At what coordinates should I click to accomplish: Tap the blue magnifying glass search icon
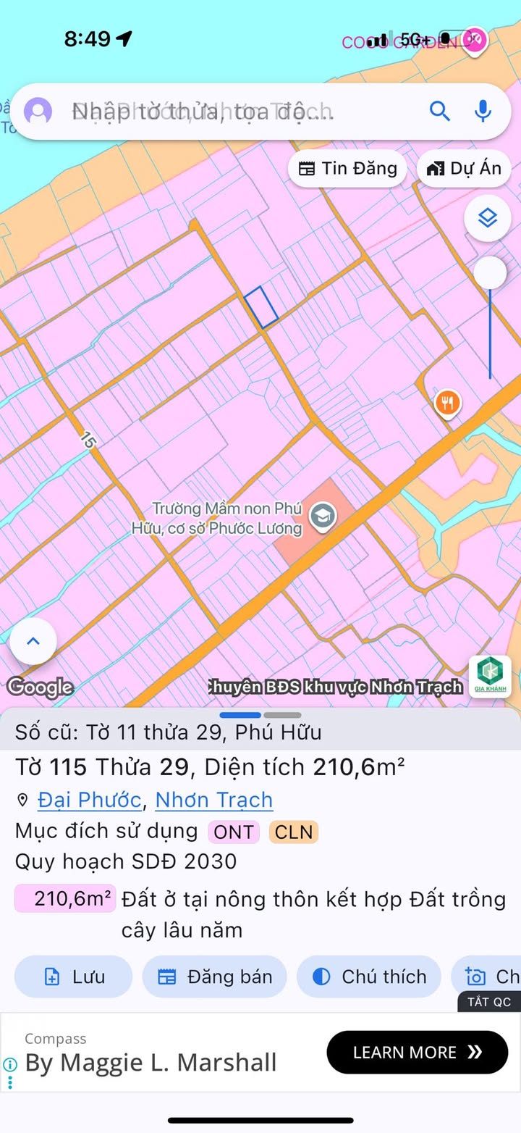[x=440, y=112]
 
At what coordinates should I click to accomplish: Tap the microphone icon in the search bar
[x=483, y=112]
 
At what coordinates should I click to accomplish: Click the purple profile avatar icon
[x=38, y=112]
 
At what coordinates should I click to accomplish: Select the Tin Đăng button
[x=348, y=169]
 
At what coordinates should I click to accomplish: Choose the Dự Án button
[x=464, y=169]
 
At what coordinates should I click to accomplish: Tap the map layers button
[x=488, y=217]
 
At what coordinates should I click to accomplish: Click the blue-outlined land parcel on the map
[x=261, y=307]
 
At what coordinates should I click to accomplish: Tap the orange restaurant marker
[x=448, y=401]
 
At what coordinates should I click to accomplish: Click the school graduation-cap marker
[x=322, y=517]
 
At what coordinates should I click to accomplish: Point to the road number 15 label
[x=88, y=440]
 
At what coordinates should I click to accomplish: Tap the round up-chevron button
[x=33, y=641]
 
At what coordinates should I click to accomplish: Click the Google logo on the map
[x=41, y=686]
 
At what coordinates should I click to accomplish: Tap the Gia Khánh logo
[x=490, y=677]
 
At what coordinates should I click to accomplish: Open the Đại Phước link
[x=89, y=800]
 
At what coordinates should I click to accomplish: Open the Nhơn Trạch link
[x=214, y=800]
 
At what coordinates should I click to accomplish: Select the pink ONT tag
[x=234, y=832]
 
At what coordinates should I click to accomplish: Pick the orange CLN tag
[x=294, y=832]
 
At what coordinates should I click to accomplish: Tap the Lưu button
[x=74, y=977]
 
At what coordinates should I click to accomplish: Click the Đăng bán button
[x=215, y=977]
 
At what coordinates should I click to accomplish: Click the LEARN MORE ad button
[x=417, y=1052]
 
